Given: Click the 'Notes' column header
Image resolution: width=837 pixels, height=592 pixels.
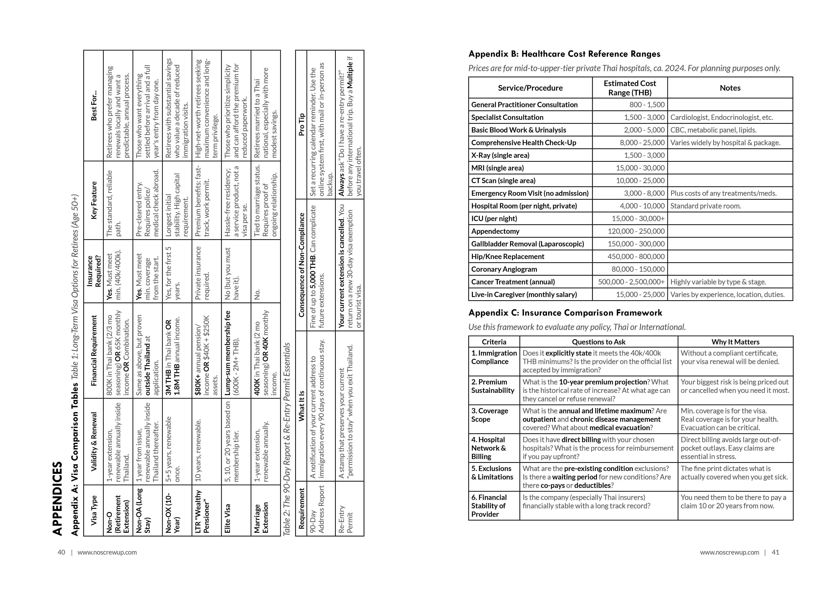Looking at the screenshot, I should pyautogui.click(x=730, y=88).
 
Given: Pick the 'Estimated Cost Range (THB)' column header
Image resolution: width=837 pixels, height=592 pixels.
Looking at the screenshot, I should pyautogui.click(x=630, y=88).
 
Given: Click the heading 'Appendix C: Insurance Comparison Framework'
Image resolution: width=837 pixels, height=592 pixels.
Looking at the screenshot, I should pyautogui.click(x=565, y=313).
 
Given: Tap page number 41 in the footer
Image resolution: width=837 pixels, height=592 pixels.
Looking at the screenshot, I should pyautogui.click(x=775, y=552).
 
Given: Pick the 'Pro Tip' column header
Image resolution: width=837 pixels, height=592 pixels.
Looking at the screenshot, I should pyautogui.click(x=301, y=125).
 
